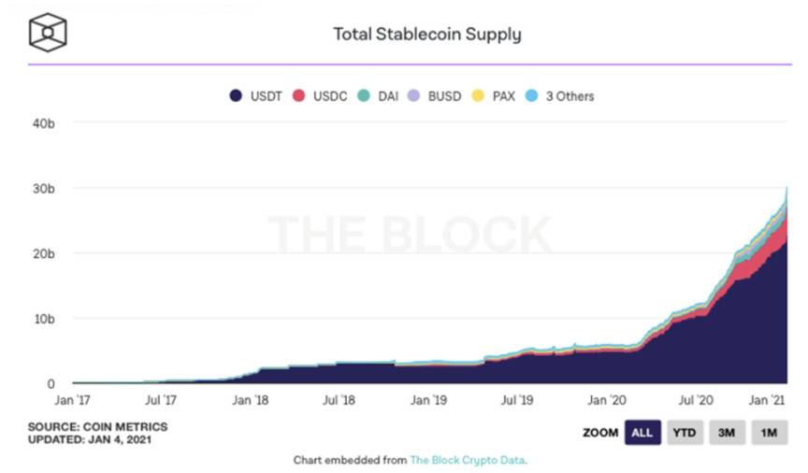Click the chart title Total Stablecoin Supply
pos(427,35)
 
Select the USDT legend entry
pos(261,95)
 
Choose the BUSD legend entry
pos(436,95)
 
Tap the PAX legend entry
pos(495,95)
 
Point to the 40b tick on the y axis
pos(45,122)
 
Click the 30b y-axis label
pos(45,188)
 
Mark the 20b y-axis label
pos(45,253)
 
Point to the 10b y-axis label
pos(45,319)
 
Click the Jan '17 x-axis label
pos(73,400)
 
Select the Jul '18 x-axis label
pos(339,400)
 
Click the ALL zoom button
pos(642,433)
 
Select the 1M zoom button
pos(769,433)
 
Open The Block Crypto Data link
pos(468,460)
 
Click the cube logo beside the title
pos(48,33)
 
